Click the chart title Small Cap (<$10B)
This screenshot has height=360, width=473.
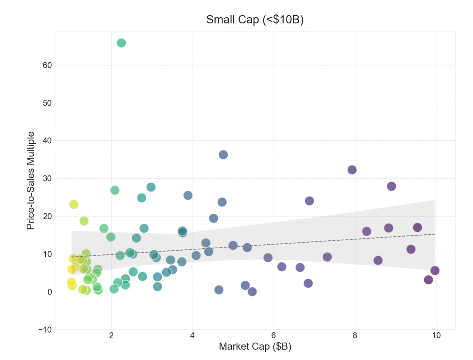[255, 19]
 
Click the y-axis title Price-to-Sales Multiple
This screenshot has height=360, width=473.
[30, 181]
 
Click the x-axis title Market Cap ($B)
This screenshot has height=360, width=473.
[255, 346]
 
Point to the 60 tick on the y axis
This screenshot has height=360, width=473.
[47, 65]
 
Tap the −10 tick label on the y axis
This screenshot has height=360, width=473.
[45, 330]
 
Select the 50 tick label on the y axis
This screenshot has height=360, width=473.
[47, 103]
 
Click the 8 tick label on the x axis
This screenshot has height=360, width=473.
[355, 335]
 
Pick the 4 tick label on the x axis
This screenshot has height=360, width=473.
[192, 335]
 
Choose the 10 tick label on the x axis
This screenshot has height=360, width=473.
[436, 335]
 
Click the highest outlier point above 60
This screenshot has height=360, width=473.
[121, 43]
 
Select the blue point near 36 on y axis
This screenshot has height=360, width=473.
[223, 155]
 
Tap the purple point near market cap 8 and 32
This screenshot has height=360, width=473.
[352, 170]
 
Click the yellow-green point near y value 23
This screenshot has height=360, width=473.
[74, 204]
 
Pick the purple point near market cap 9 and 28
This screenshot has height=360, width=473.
[391, 186]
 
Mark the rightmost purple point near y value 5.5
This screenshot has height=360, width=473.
[435, 271]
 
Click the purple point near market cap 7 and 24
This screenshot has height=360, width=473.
[309, 201]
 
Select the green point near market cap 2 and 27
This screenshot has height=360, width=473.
[115, 190]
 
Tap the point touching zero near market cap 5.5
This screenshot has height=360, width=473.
[252, 292]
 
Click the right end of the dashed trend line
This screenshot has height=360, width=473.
[435, 234]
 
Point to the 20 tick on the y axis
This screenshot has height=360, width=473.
[47, 216]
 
